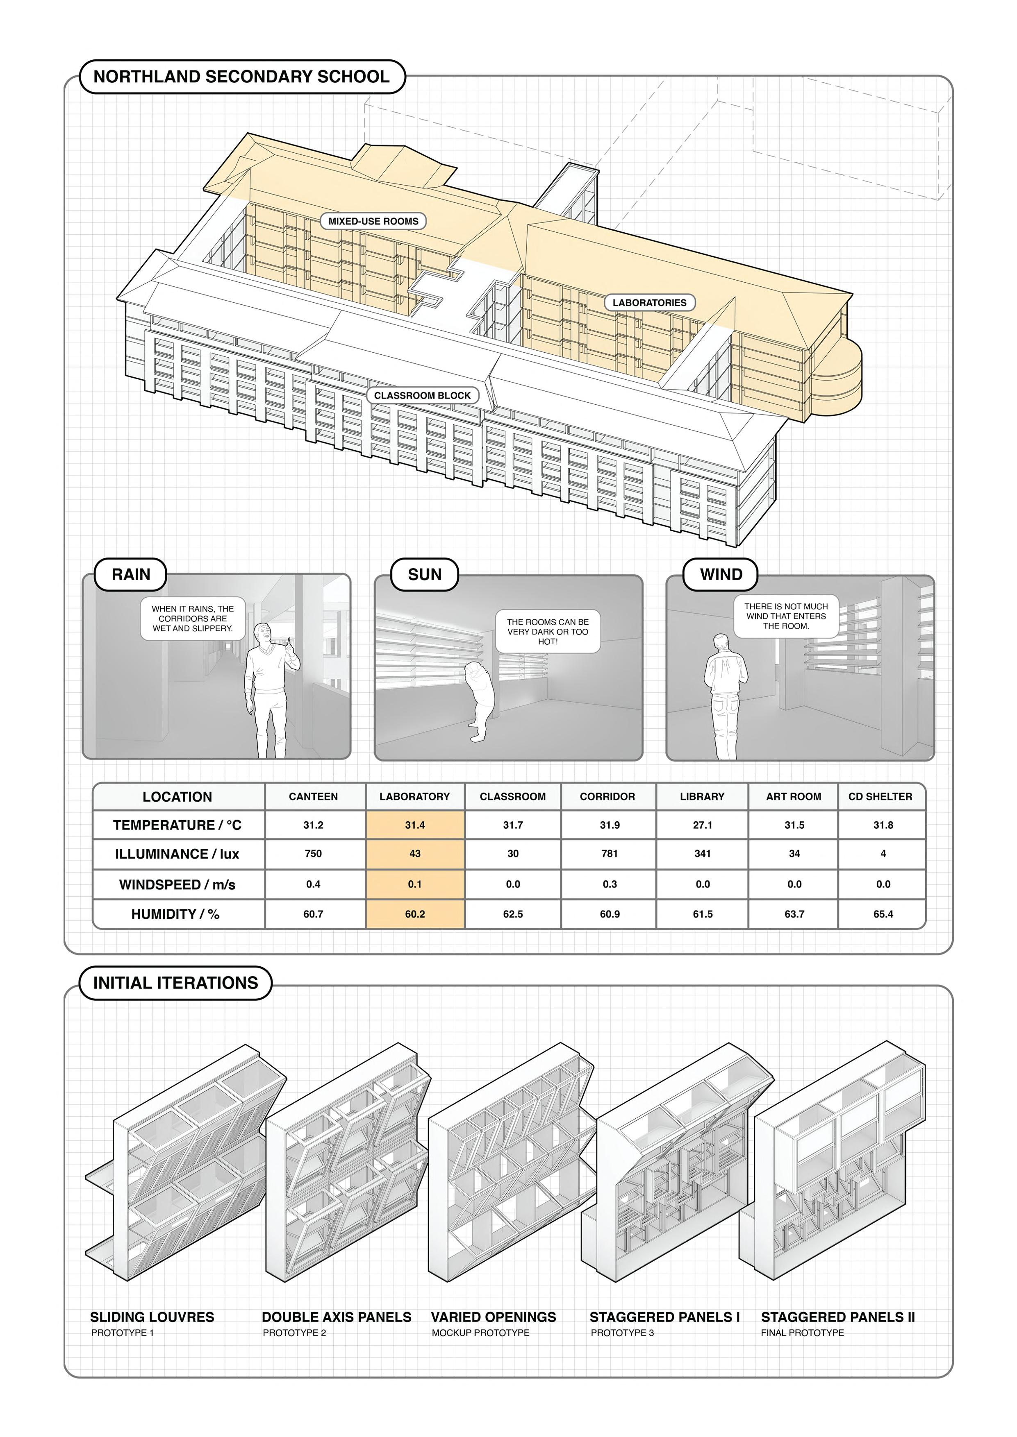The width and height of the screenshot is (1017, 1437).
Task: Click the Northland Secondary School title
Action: pyautogui.click(x=242, y=77)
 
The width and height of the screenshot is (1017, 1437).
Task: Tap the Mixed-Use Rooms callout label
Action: pyautogui.click(x=373, y=221)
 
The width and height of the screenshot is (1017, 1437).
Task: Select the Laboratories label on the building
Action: pyautogui.click(x=649, y=302)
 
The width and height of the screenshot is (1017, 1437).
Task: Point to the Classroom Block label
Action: pyautogui.click(x=422, y=396)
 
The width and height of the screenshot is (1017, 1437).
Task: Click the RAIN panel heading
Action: pyautogui.click(x=131, y=575)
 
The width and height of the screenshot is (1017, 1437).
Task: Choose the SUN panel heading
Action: pyautogui.click(x=425, y=575)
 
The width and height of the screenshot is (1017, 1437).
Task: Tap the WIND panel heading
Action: pyautogui.click(x=721, y=575)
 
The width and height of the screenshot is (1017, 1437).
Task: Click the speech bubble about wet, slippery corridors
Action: pyautogui.click(x=192, y=619)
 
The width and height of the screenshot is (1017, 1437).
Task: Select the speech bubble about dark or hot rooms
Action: pyautogui.click(x=547, y=632)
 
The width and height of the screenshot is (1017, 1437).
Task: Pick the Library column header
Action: pyautogui.click(x=702, y=797)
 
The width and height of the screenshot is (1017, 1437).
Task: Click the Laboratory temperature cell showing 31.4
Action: pyautogui.click(x=414, y=825)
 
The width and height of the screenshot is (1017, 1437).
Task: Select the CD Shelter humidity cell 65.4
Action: pyautogui.click(x=883, y=914)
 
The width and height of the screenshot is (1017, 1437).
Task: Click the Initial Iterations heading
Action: pyautogui.click(x=175, y=983)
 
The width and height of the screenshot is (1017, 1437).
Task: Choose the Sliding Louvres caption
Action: pyautogui.click(x=152, y=1317)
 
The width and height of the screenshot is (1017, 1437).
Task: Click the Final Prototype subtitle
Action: pyautogui.click(x=802, y=1333)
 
